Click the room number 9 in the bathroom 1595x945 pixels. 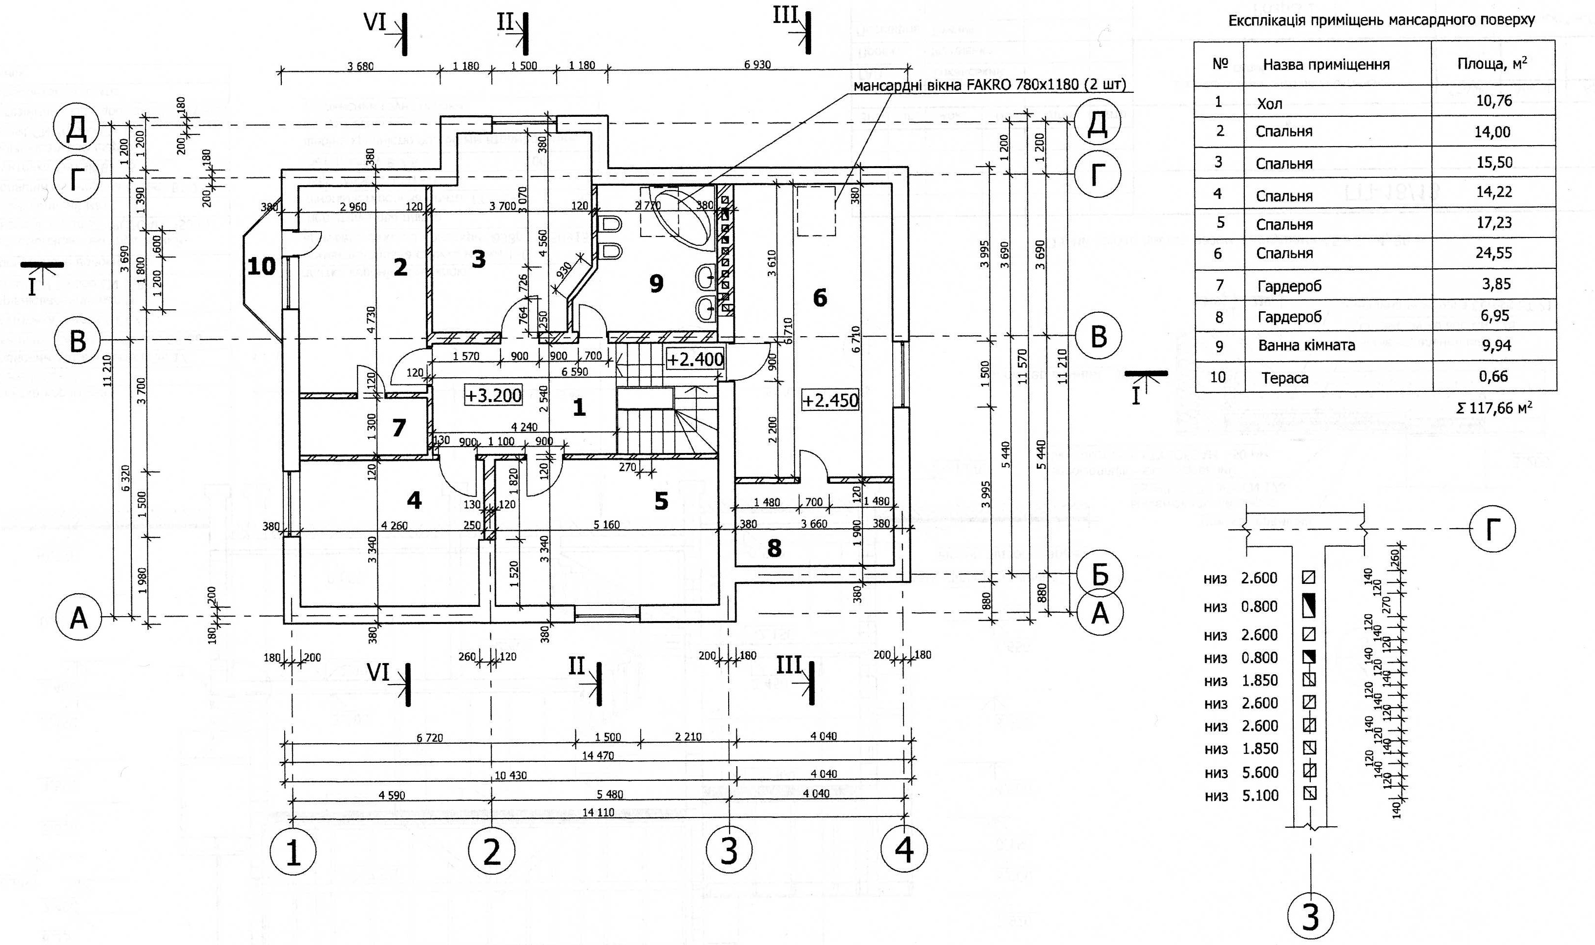point(656,283)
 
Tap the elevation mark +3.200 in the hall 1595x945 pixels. point(493,395)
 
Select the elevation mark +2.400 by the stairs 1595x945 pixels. point(695,359)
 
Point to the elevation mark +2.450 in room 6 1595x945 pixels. point(830,401)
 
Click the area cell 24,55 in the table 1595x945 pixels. point(1494,253)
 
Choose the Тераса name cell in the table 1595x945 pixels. point(1285,378)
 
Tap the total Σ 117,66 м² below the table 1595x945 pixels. point(1494,408)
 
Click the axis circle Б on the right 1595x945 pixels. point(1099,575)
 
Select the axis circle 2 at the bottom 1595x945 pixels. point(491,851)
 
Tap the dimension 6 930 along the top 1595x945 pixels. point(757,65)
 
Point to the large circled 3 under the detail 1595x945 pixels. point(1310,918)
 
